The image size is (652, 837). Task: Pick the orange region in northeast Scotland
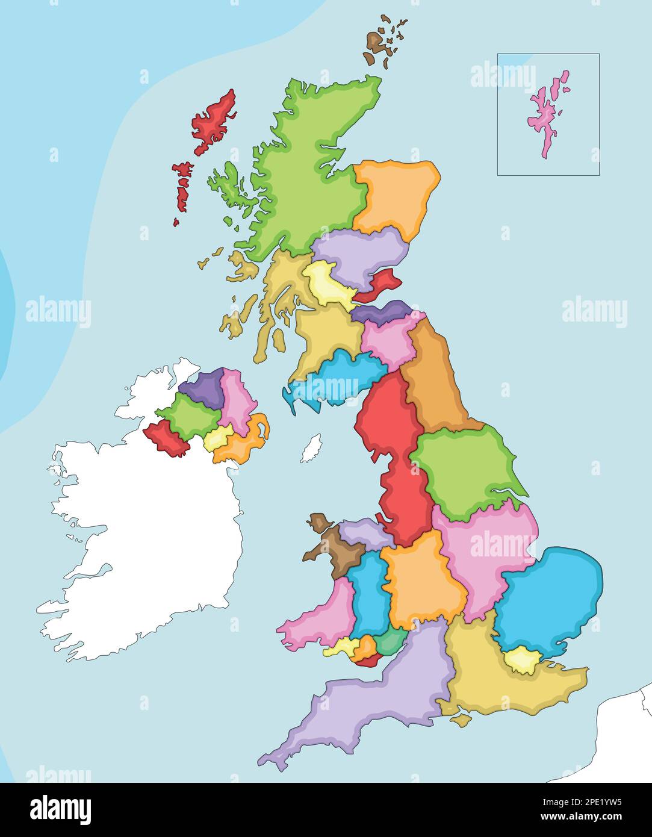394,196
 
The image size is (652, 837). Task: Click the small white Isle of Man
311,449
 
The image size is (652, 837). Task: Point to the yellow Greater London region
521,661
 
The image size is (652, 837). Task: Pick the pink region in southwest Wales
316,617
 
